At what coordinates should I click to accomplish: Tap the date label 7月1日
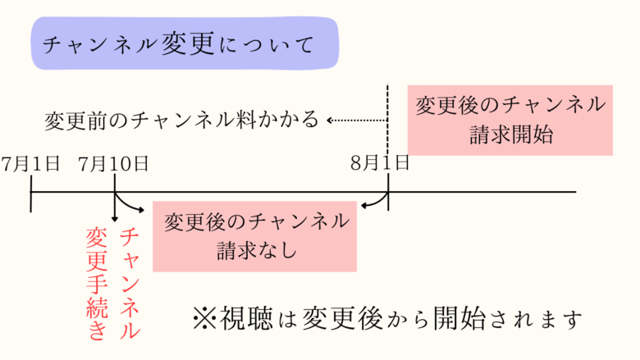click(31, 162)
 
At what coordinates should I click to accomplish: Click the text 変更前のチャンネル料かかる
click(181, 121)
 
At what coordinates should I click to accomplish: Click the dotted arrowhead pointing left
click(330, 121)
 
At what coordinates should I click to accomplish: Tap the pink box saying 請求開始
click(510, 119)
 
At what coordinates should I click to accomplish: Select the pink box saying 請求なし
click(255, 235)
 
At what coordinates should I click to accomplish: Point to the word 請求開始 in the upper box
click(510, 134)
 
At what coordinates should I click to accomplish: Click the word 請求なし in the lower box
click(255, 250)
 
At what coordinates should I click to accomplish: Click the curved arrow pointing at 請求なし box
click(131, 205)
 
